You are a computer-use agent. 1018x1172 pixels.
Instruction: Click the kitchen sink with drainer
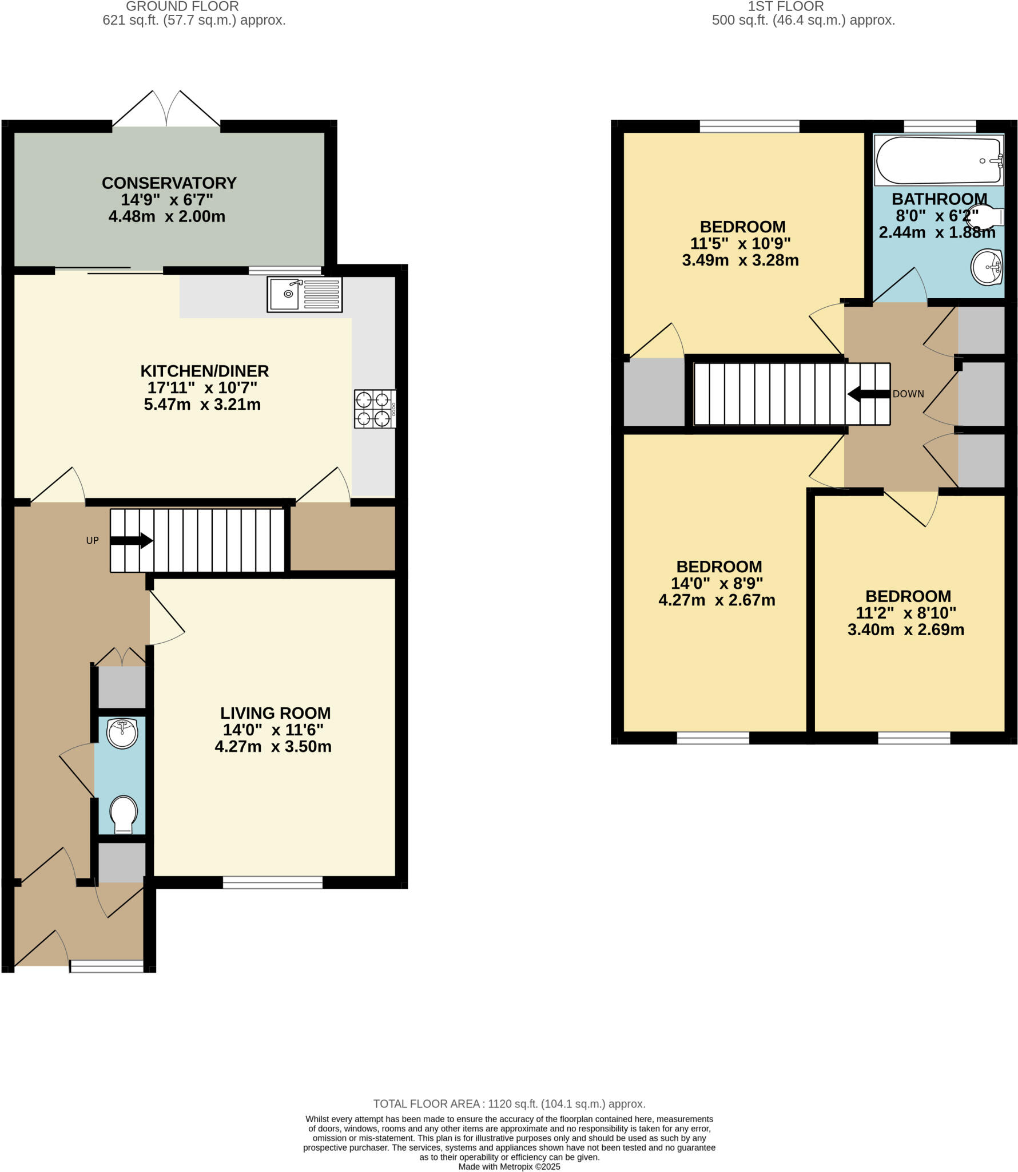tap(304, 295)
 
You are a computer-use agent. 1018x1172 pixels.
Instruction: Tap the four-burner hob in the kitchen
tap(375, 409)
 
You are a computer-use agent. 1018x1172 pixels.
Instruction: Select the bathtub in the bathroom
tap(938, 161)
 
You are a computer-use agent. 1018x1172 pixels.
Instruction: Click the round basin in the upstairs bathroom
tap(987, 267)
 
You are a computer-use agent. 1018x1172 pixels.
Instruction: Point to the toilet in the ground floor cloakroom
tap(124, 814)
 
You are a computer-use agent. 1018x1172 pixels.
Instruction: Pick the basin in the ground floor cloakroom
tap(122, 734)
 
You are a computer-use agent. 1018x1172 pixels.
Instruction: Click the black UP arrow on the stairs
tap(131, 540)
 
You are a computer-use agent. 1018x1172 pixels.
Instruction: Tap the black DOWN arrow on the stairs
tap(868, 394)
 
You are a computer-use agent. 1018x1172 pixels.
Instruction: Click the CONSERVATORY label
tap(169, 183)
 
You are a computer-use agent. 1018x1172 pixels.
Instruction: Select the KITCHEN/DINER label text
tap(204, 371)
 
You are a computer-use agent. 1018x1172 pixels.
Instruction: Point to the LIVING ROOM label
tap(275, 713)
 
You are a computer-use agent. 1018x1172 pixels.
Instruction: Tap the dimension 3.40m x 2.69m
tap(905, 630)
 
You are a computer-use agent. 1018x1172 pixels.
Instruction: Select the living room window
tap(272, 882)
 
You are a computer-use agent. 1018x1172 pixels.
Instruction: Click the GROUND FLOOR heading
tap(182, 7)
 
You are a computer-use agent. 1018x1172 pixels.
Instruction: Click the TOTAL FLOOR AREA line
tap(508, 1104)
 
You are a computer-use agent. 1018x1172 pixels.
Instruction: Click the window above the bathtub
tap(939, 126)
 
